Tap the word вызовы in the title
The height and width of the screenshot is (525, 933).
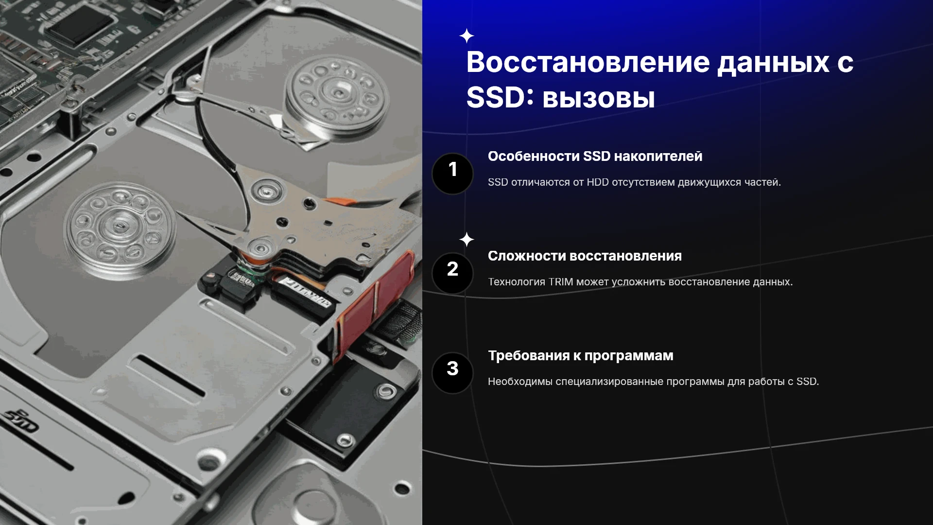point(598,98)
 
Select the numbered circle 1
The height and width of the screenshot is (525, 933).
point(452,174)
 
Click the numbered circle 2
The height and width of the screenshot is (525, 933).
point(452,273)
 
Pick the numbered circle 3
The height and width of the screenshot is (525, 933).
point(452,373)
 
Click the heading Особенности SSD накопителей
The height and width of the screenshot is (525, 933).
point(595,157)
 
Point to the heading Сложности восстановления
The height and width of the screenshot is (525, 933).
point(585,256)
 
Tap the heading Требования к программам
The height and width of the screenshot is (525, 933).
point(581,356)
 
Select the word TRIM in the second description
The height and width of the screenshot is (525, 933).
point(561,282)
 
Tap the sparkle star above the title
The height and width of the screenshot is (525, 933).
point(466,36)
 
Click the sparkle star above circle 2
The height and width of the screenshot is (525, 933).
point(466,239)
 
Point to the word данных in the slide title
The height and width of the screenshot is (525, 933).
point(773,63)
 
